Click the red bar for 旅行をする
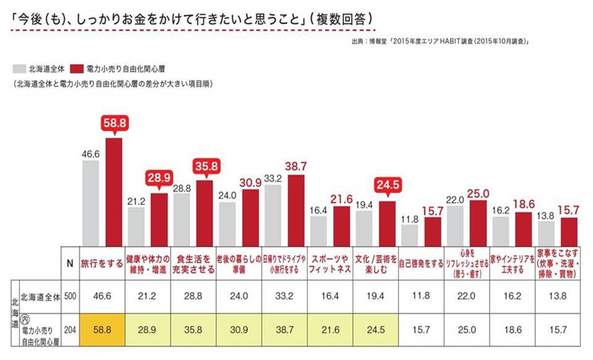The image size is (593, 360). (114, 191)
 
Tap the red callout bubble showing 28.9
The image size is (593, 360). (159, 177)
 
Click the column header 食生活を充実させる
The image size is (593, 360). (193, 262)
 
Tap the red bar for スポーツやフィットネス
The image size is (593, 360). (342, 225)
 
